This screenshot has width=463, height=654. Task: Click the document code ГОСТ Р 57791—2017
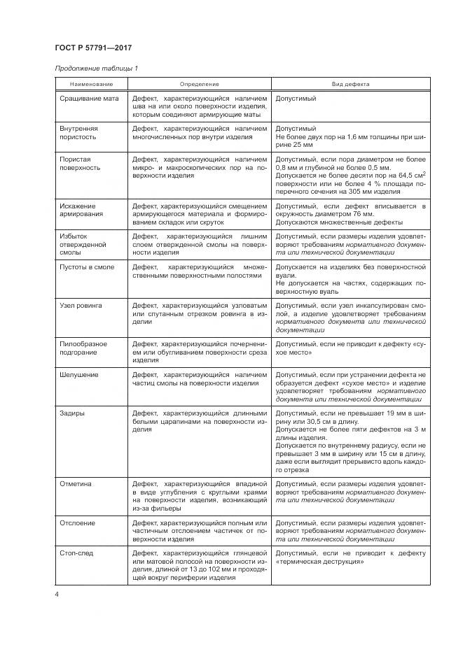pyautogui.click(x=93, y=48)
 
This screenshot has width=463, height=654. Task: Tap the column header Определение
pyautogui.click(x=200, y=84)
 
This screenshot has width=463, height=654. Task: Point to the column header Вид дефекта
pyautogui.click(x=350, y=84)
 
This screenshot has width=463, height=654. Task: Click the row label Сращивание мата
pyautogui.click(x=89, y=99)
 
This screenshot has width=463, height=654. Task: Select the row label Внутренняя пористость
pyautogui.click(x=78, y=134)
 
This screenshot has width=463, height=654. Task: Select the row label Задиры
pyautogui.click(x=72, y=413)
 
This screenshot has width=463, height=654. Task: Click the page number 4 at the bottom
pyautogui.click(x=57, y=595)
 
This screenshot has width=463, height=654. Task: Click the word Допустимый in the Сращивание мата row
pyautogui.click(x=296, y=99)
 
